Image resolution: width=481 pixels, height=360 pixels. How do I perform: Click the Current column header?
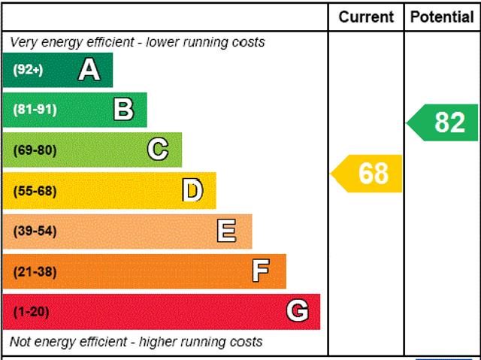point(366,17)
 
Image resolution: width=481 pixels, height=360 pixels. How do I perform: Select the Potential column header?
point(442,17)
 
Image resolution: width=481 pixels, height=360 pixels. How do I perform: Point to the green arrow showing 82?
point(445,123)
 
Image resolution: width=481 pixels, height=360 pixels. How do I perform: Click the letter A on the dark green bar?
point(89,70)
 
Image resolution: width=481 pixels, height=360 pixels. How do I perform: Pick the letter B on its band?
point(123,110)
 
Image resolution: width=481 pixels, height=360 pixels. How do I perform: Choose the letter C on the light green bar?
point(158,150)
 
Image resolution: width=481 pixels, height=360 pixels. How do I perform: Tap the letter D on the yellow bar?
point(193,191)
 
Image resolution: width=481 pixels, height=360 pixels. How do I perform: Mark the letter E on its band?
point(226,231)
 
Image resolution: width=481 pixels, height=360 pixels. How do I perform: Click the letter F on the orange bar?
point(261,271)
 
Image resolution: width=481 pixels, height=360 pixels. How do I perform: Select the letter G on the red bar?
point(298,311)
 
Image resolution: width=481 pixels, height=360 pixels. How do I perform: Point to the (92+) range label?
point(29,71)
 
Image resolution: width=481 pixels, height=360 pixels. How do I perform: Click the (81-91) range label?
point(35,110)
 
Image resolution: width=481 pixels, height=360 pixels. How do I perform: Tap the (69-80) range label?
point(35,150)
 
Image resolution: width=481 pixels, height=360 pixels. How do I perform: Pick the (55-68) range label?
point(35,191)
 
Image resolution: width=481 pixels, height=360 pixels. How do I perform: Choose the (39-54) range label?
point(35,231)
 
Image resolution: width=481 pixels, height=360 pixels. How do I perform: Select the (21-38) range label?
point(35,271)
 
